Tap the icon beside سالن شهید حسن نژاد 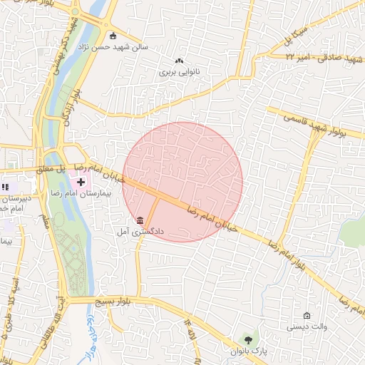click(x=113, y=36)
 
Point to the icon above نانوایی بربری click(x=179, y=61)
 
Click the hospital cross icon click(x=81, y=182)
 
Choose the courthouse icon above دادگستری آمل click(x=140, y=220)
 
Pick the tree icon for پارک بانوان click(x=247, y=339)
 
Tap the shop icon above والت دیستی click(x=307, y=316)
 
